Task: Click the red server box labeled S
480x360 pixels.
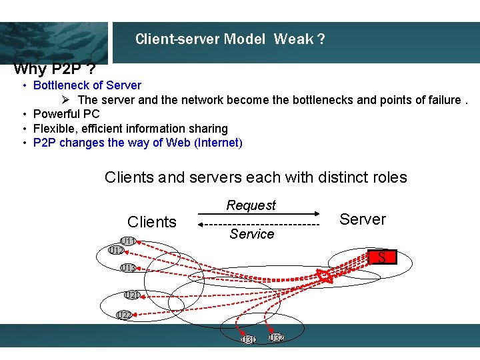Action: click(x=381, y=257)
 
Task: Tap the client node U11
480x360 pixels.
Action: click(x=128, y=241)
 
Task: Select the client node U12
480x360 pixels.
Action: click(x=115, y=251)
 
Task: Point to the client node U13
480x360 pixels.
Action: click(x=128, y=268)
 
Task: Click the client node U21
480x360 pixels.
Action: click(x=132, y=295)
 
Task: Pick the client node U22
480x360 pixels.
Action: click(x=123, y=315)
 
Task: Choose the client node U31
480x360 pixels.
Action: click(x=248, y=340)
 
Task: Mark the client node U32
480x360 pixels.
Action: click(x=277, y=338)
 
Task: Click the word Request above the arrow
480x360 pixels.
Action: click(x=251, y=205)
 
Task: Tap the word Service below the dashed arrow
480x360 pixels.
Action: click(x=251, y=234)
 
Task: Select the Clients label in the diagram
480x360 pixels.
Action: click(x=152, y=222)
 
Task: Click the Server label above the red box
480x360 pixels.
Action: click(x=363, y=219)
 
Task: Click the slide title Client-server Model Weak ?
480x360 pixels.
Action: click(x=230, y=39)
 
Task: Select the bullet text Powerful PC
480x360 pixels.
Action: click(x=67, y=114)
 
